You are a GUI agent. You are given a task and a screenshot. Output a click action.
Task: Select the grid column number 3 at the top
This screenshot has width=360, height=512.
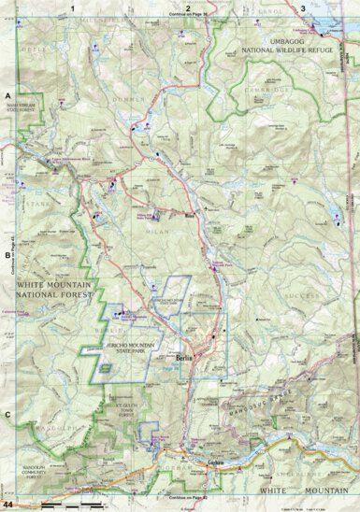pyautogui.click(x=302, y=7)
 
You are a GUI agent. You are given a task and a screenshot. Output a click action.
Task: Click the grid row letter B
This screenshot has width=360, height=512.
pyautogui.click(x=7, y=253)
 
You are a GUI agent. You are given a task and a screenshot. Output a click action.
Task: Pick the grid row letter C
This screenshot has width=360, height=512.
pyautogui.click(x=7, y=413)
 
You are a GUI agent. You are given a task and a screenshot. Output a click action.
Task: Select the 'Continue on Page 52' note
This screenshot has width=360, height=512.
pyautogui.click(x=187, y=497)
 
